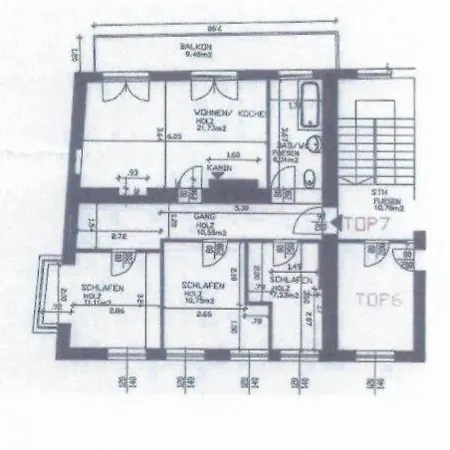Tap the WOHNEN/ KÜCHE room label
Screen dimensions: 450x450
click(229, 116)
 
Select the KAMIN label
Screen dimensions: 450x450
click(222, 171)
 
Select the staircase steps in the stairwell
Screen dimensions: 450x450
click(372, 150)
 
